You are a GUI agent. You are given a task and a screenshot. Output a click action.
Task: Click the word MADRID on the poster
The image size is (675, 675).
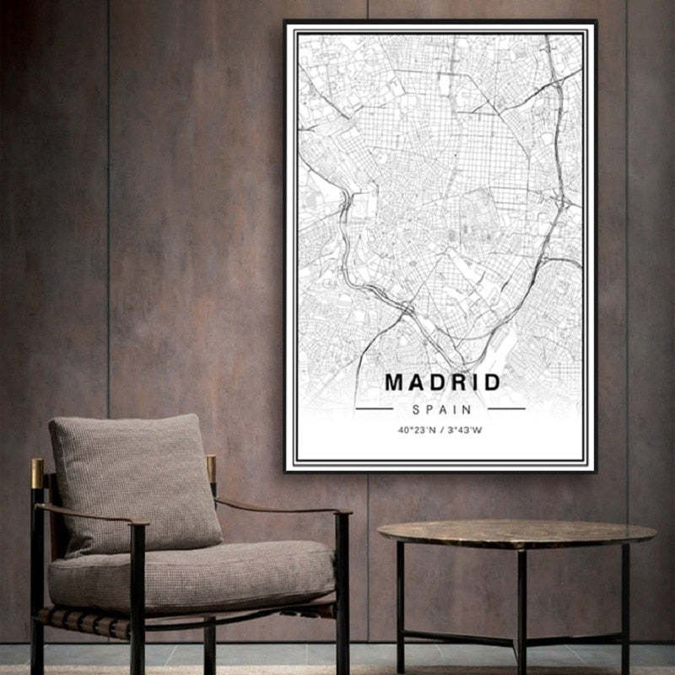point(442,382)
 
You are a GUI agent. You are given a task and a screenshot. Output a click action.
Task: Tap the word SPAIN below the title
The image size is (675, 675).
point(440,409)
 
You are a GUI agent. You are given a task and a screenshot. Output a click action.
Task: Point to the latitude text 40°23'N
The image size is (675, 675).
point(417,430)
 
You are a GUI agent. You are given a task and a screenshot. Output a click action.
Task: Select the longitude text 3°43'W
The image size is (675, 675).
point(465,430)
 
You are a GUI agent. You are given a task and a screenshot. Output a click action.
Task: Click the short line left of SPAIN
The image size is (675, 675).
point(374,409)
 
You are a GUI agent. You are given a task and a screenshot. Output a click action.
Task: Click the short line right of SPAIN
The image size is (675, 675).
point(506,409)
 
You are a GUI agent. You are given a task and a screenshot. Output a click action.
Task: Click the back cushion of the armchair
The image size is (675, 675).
point(135,481)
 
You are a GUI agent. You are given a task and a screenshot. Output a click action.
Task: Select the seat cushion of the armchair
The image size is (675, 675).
point(190,574)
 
